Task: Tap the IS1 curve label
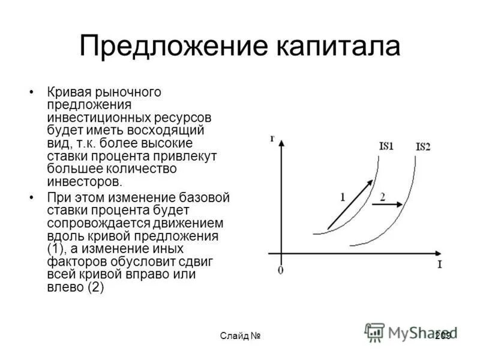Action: click(386, 146)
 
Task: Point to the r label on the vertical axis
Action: click(272, 139)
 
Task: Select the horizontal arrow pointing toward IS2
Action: click(386, 205)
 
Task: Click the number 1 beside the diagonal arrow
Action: click(343, 196)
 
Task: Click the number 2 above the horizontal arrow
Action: click(382, 196)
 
